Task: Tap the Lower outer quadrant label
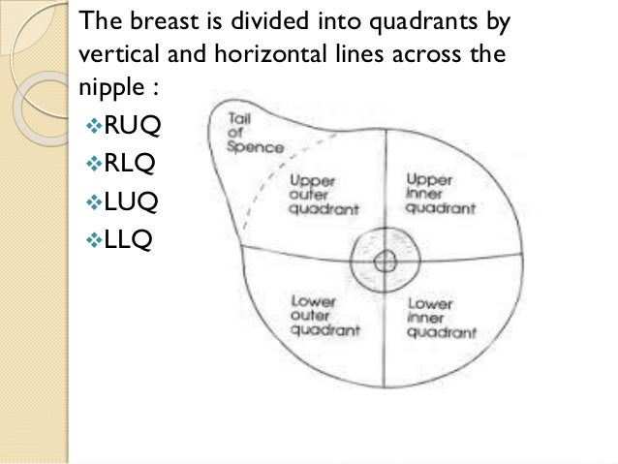[314, 313]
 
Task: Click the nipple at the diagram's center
[385, 259]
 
